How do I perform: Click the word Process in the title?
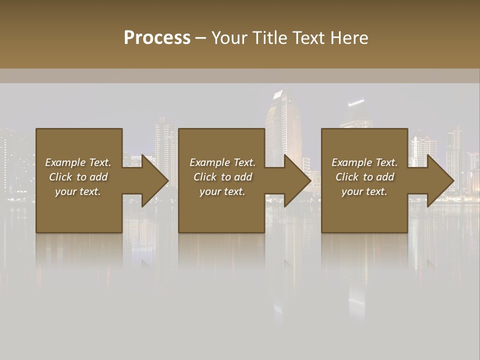(x=157, y=38)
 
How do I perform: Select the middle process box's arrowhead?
(x=297, y=180)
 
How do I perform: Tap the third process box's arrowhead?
(x=440, y=180)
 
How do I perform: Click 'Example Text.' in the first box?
(x=78, y=162)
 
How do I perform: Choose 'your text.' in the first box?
(x=78, y=191)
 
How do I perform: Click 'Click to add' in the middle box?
(x=222, y=177)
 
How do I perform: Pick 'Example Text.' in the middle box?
(x=222, y=162)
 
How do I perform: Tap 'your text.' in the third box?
(x=364, y=191)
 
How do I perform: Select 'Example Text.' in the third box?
(x=364, y=162)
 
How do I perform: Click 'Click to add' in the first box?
(x=78, y=177)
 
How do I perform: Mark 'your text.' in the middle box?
(x=222, y=191)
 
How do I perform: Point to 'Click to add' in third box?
(x=364, y=177)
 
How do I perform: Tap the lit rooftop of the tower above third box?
(x=356, y=103)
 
